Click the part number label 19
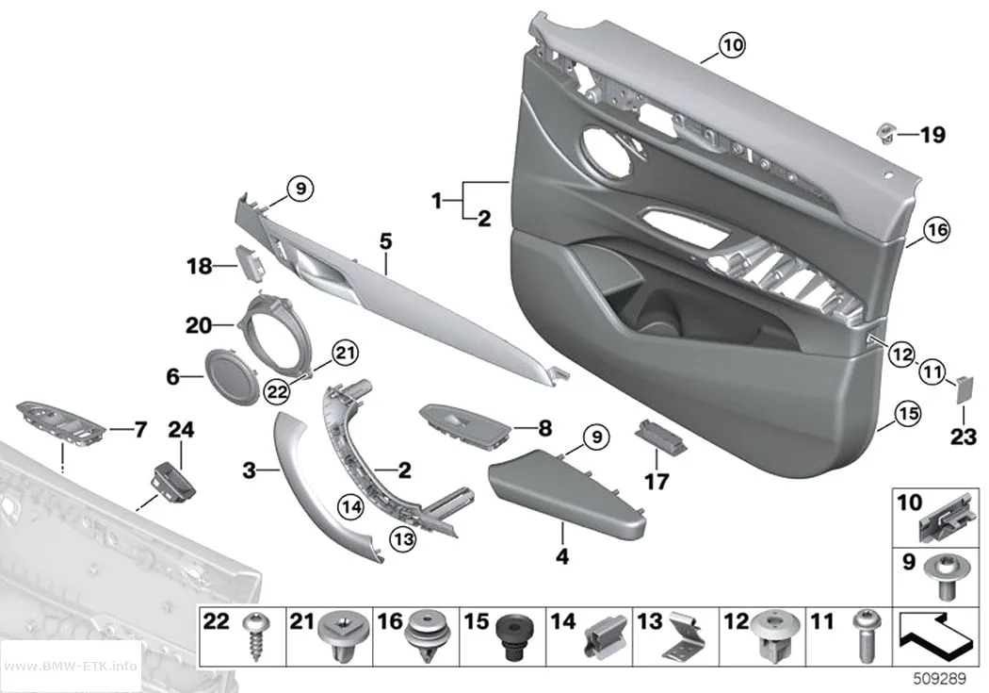[x=932, y=135]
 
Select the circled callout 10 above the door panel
[x=732, y=45]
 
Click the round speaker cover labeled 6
[x=232, y=376]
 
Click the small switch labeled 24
[x=172, y=478]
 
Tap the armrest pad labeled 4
[x=567, y=492]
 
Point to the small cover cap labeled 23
[x=964, y=389]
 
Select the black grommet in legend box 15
[x=511, y=636]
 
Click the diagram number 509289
[x=940, y=679]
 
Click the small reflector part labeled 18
[x=251, y=262]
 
